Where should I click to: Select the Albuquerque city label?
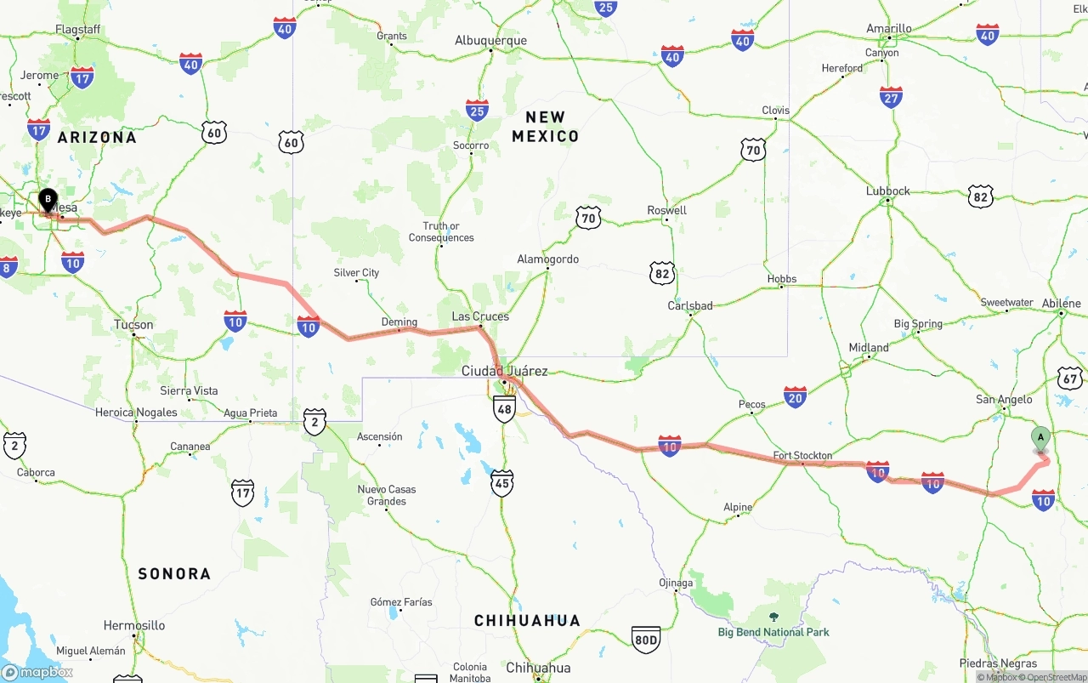(x=490, y=40)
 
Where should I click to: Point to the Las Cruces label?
(x=480, y=316)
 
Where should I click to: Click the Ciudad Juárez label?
(x=504, y=371)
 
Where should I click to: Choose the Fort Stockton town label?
(x=802, y=456)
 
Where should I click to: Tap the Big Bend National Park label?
(x=773, y=631)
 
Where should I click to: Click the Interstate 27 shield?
(x=891, y=97)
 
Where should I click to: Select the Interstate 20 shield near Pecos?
(x=796, y=396)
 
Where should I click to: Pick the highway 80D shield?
(x=646, y=640)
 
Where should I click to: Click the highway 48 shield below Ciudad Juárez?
(x=504, y=409)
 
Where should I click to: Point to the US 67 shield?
(x=1069, y=378)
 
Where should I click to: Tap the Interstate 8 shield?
(x=7, y=268)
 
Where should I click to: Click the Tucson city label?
(x=133, y=325)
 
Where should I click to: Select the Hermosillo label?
(x=134, y=625)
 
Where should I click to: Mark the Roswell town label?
(x=666, y=210)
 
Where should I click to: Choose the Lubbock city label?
(x=887, y=191)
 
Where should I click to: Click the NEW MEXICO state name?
(x=545, y=126)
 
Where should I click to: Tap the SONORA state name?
(x=174, y=573)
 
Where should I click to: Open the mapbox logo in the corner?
(x=37, y=672)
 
